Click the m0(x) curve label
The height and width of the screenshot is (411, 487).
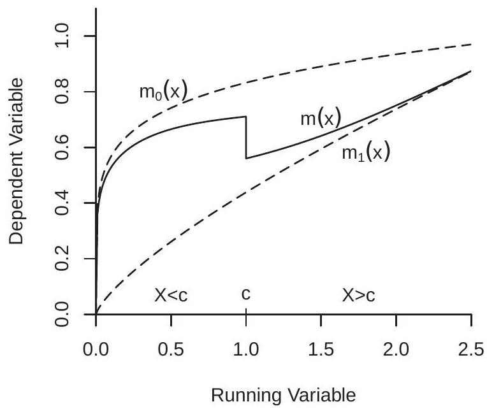(x=163, y=92)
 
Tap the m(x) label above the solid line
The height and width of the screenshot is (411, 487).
(x=321, y=119)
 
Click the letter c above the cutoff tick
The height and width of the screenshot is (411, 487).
(x=245, y=296)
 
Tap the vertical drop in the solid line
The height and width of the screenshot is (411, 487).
(x=246, y=137)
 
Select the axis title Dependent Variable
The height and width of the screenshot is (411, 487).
(x=17, y=161)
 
